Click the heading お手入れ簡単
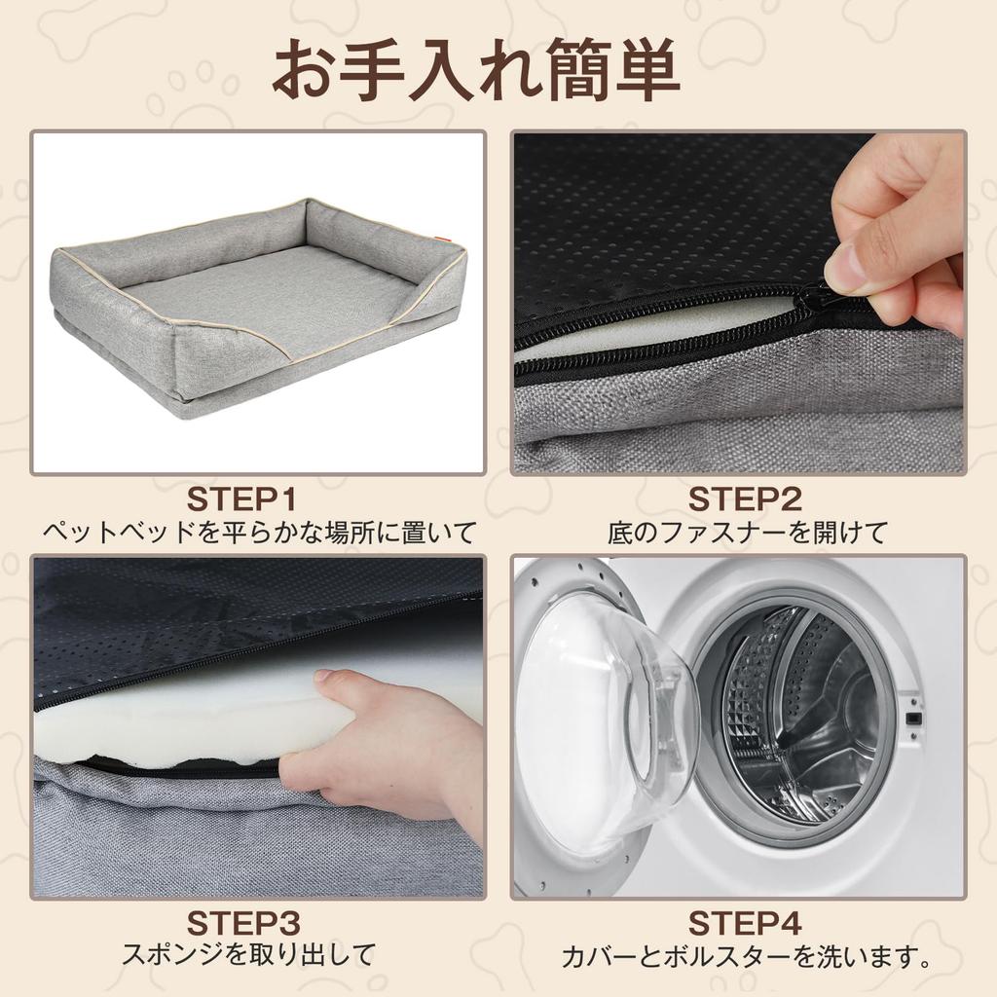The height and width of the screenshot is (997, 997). click(x=476, y=70)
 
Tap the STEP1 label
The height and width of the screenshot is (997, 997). click(x=241, y=499)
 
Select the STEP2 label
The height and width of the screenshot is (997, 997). click(x=745, y=499)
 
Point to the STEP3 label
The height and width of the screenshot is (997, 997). click(x=242, y=924)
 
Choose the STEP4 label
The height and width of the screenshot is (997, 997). click(x=745, y=924)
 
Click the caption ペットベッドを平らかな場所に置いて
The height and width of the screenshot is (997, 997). click(x=259, y=533)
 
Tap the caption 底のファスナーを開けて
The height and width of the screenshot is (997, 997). click(x=747, y=533)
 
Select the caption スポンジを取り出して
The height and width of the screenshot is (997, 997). click(x=248, y=954)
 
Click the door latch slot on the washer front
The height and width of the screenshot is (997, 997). click(x=913, y=719)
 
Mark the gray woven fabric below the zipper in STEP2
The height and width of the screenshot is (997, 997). click(x=738, y=407)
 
